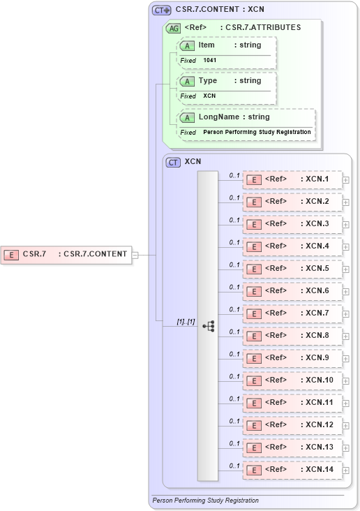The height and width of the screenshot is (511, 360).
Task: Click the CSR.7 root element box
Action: (68, 254)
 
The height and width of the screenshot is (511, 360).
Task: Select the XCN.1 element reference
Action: (292, 179)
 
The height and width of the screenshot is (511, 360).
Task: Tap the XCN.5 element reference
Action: (292, 269)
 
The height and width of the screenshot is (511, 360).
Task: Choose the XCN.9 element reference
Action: (292, 358)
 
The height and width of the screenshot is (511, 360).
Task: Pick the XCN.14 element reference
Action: (292, 470)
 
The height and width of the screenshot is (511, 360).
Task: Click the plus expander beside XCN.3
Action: (346, 225)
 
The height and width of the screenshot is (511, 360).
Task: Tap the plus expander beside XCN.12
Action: (346, 426)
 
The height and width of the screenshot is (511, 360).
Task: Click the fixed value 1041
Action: (210, 61)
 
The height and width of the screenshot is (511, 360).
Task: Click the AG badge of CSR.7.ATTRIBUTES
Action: (172, 28)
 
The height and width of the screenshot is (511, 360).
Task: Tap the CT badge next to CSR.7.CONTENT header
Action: (162, 10)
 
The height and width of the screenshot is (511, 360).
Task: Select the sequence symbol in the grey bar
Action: (208, 326)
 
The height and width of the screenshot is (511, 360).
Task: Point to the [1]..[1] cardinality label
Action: (186, 322)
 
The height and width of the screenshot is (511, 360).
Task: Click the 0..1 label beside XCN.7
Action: (234, 309)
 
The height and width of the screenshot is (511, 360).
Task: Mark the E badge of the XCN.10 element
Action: (255, 380)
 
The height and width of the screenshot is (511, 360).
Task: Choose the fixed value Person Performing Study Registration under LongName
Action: (257, 132)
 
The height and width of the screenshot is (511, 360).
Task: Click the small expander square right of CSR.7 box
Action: (135, 255)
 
